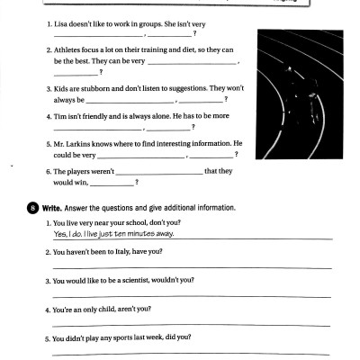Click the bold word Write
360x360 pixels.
(49, 208)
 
